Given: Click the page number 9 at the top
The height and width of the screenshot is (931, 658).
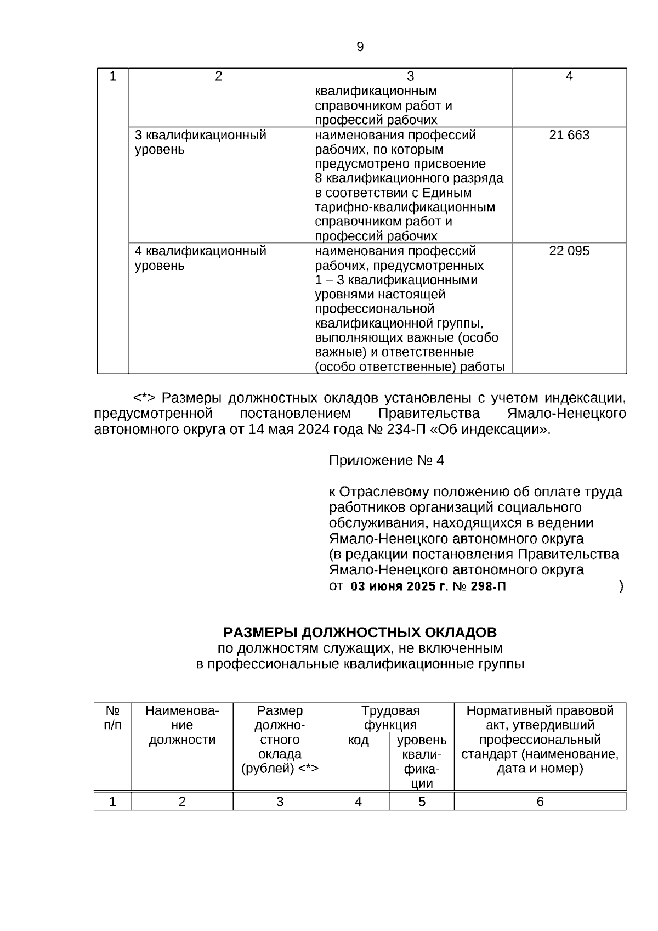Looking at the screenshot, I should pos(360,47).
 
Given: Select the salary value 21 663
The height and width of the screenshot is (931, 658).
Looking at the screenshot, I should pos(569,135).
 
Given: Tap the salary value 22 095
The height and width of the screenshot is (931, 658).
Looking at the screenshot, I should pos(569,251).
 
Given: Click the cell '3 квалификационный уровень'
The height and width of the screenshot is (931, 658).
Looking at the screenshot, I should pos(200,142).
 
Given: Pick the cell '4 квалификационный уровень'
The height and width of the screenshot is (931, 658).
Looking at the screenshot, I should pos(200,258).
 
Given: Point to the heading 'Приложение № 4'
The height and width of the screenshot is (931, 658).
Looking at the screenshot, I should pos(386,460).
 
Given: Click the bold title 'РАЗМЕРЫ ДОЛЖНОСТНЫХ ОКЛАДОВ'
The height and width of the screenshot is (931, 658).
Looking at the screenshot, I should pos(360,633).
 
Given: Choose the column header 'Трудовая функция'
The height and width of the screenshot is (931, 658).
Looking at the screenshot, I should pos(390,718).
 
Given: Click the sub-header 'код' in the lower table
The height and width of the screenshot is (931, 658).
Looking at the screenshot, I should pos(358,741).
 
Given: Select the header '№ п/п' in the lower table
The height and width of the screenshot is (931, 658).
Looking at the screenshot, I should pos(112,718).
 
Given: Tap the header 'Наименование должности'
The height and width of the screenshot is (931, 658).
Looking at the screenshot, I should pos(182,725).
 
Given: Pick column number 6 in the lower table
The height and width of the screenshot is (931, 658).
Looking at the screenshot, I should pos(540,802).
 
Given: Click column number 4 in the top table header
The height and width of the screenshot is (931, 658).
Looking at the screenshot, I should pos(569,76).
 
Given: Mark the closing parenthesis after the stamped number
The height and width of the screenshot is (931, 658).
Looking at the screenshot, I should pos(621,586).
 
